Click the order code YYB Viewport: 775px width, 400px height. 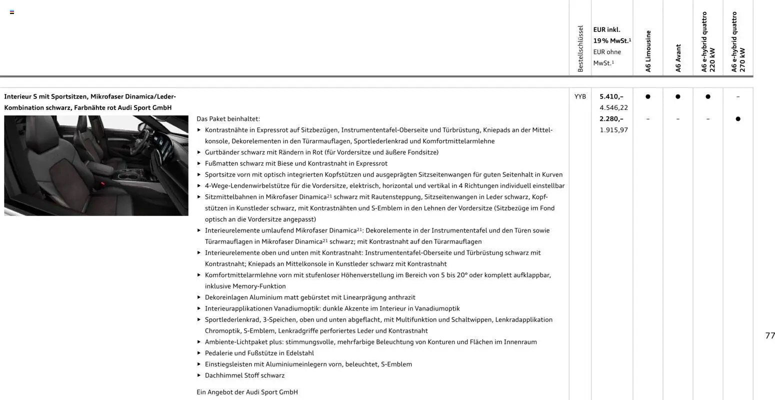tap(580, 96)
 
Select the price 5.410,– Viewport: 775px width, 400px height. tap(611, 96)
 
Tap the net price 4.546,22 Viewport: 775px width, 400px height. tap(613, 107)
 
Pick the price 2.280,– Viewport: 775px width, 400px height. tap(611, 119)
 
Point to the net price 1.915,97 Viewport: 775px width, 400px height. tap(613, 130)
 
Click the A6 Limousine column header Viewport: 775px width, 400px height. tap(648, 51)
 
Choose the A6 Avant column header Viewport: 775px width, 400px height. tap(678, 58)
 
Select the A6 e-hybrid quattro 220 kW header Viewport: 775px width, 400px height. tap(708, 42)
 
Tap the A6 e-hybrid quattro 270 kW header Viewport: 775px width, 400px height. tap(738, 42)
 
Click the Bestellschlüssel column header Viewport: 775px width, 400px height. tap(580, 49)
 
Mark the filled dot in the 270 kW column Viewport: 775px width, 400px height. tap(738, 119)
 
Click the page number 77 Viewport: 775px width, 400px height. tap(769, 335)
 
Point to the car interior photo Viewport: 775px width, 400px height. tap(96, 165)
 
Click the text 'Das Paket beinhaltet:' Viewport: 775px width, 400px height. tap(228, 119)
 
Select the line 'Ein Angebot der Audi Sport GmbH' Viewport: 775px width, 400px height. tap(247, 392)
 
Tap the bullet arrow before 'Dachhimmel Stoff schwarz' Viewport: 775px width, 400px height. tap(199, 375)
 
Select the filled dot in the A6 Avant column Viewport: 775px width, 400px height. tap(678, 96)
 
